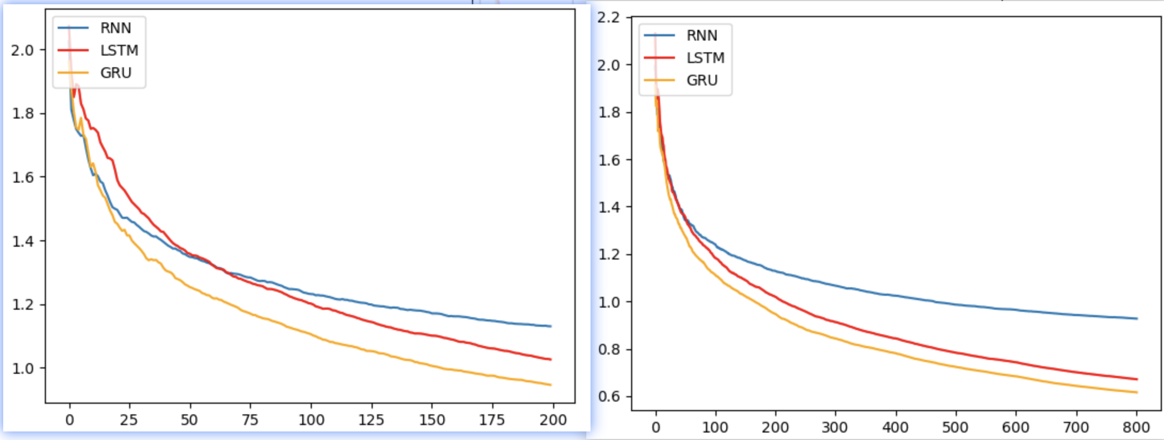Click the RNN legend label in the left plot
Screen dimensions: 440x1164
click(115, 28)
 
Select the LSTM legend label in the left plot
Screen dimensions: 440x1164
click(119, 50)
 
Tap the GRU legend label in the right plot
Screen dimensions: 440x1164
click(702, 80)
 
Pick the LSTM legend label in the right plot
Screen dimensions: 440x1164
click(705, 58)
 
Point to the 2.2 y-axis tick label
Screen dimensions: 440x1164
click(609, 18)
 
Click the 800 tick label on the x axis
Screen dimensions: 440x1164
click(1136, 427)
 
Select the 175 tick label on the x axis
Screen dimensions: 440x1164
click(492, 420)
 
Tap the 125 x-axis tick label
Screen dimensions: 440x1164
click(371, 420)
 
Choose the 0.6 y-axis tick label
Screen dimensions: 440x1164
click(609, 396)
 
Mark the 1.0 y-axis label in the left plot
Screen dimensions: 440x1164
click(22, 368)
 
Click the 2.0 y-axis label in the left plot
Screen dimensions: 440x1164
click(22, 50)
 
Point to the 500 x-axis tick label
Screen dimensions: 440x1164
click(955, 427)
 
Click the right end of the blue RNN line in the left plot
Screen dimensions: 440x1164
click(550, 326)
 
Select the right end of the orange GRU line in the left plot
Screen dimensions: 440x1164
click(550, 384)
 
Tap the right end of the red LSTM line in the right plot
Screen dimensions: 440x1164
click(1137, 379)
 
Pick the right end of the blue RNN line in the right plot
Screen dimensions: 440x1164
click(1137, 318)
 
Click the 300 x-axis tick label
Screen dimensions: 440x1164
click(835, 427)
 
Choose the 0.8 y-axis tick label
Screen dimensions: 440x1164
click(609, 349)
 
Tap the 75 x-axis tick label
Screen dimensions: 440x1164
click(250, 420)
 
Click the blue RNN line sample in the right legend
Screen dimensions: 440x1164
click(659, 35)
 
